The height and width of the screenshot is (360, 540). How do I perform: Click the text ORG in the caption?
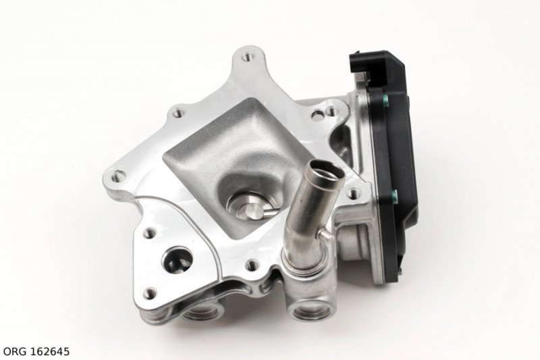(x=15, y=351)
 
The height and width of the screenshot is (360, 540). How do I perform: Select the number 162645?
(x=50, y=351)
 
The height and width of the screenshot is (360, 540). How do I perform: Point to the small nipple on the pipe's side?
(x=324, y=234)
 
